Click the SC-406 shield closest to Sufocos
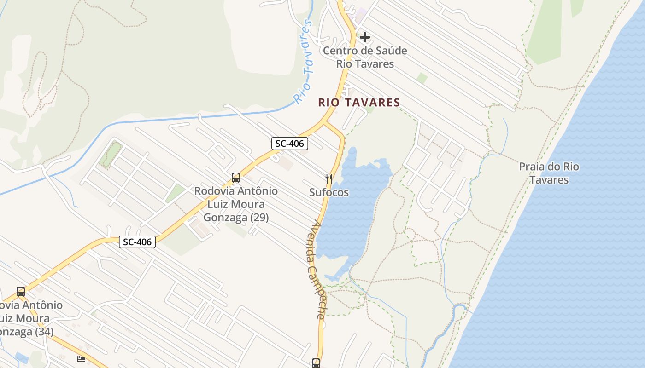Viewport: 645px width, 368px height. tap(289, 144)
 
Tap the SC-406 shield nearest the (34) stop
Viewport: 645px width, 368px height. tap(137, 241)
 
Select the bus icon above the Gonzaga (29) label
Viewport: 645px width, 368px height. tap(236, 177)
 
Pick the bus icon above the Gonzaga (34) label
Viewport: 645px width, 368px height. tap(21, 291)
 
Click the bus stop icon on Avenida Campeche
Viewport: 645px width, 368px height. tap(316, 363)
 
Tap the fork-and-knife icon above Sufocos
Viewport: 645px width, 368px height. tap(328, 178)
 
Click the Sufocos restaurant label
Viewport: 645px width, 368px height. tap(328, 192)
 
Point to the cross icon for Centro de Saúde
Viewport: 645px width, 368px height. tap(365, 37)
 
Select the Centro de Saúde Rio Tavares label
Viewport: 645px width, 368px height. tap(365, 57)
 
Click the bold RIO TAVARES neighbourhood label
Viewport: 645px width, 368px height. tap(359, 103)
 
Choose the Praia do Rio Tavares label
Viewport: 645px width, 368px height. tap(549, 173)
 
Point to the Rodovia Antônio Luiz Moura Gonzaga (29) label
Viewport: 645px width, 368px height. tap(236, 204)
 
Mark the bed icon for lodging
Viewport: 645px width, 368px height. tap(81, 359)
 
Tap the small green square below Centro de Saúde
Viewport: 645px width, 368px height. tap(422, 78)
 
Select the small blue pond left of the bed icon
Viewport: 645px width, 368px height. tap(21, 357)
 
